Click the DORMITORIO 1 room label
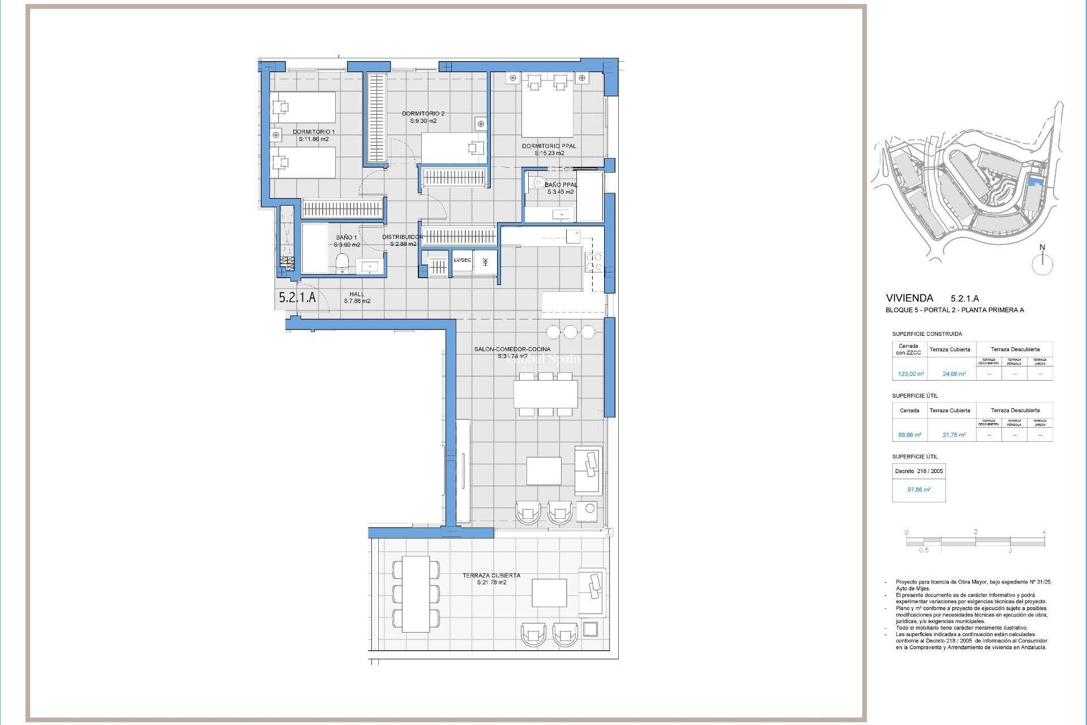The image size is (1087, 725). [x=313, y=132]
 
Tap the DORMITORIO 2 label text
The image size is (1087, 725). [x=423, y=114]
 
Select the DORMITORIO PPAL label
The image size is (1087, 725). [x=549, y=146]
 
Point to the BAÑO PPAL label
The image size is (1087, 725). [x=560, y=185]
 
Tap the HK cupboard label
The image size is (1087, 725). [x=485, y=262]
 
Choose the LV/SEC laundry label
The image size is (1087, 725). [x=462, y=260]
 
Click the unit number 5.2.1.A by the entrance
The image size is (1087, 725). [x=297, y=297]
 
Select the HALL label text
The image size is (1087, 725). [x=357, y=294]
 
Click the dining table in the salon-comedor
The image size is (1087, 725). [x=545, y=394]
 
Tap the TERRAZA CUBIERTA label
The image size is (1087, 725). [x=491, y=575]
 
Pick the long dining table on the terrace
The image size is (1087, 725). [x=416, y=594]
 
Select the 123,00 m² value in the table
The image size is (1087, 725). [x=910, y=374]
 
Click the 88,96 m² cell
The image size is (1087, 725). [x=909, y=435]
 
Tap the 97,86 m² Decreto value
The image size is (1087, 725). [x=918, y=489]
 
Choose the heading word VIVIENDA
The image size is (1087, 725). [x=909, y=298]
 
